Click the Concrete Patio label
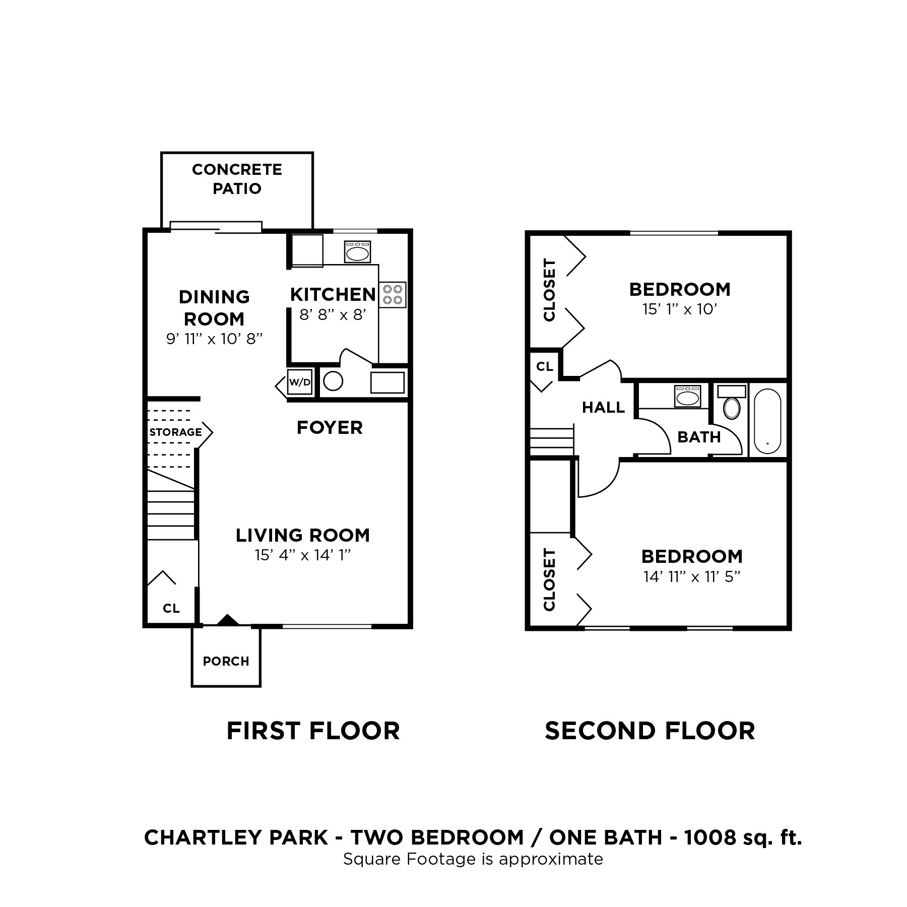(x=237, y=179)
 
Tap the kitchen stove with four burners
(x=393, y=295)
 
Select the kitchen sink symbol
(x=358, y=252)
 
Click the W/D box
(x=300, y=382)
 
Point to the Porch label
(x=226, y=661)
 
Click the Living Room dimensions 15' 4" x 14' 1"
(x=302, y=555)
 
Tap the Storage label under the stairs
(x=175, y=432)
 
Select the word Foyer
(x=330, y=428)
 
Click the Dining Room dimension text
(x=215, y=339)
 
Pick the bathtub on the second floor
(x=767, y=421)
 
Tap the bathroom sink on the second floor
(x=687, y=397)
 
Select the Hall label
(x=603, y=407)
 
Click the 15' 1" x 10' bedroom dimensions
(x=679, y=309)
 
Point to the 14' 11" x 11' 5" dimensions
(x=691, y=576)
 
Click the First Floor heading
(x=313, y=731)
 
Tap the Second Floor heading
(x=650, y=731)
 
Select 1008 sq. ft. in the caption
(x=743, y=837)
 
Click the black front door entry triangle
(x=228, y=620)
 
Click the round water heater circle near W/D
(x=333, y=381)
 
